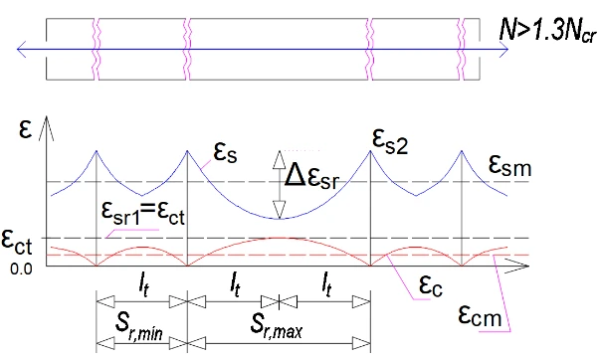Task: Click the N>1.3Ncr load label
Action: tap(547, 31)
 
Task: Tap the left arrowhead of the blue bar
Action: tap(22, 49)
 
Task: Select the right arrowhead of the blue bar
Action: tap(503, 49)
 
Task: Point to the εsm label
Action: tap(510, 166)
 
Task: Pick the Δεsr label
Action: tap(311, 177)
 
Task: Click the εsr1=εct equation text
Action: tap(143, 213)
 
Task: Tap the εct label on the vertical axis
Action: tap(17, 243)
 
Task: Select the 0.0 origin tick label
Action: tap(21, 270)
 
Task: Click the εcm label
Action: tap(480, 315)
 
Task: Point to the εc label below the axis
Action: tap(431, 285)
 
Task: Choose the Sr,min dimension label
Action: tap(139, 328)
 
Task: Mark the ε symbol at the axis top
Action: tap(25, 130)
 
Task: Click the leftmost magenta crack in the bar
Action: tap(97, 49)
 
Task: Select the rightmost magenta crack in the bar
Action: tap(462, 49)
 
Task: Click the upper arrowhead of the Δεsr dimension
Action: tap(280, 159)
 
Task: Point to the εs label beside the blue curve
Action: tap(226, 153)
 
